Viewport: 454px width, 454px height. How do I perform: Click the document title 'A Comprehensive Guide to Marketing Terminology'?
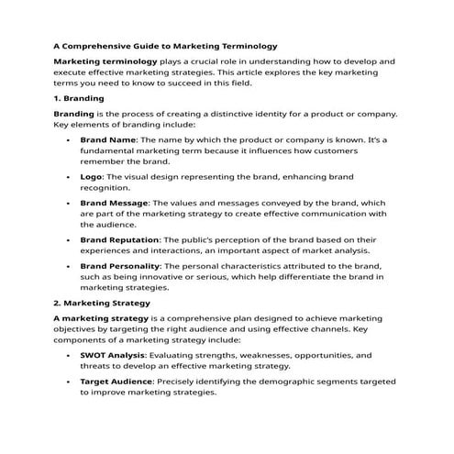(165, 45)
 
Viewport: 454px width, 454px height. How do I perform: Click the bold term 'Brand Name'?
(107, 139)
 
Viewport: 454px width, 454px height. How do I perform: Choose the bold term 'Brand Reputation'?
(120, 238)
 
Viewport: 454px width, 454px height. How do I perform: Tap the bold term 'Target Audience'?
(116, 381)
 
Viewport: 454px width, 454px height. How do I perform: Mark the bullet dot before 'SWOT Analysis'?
(70, 354)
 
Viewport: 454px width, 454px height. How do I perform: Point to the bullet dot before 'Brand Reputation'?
(70, 238)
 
